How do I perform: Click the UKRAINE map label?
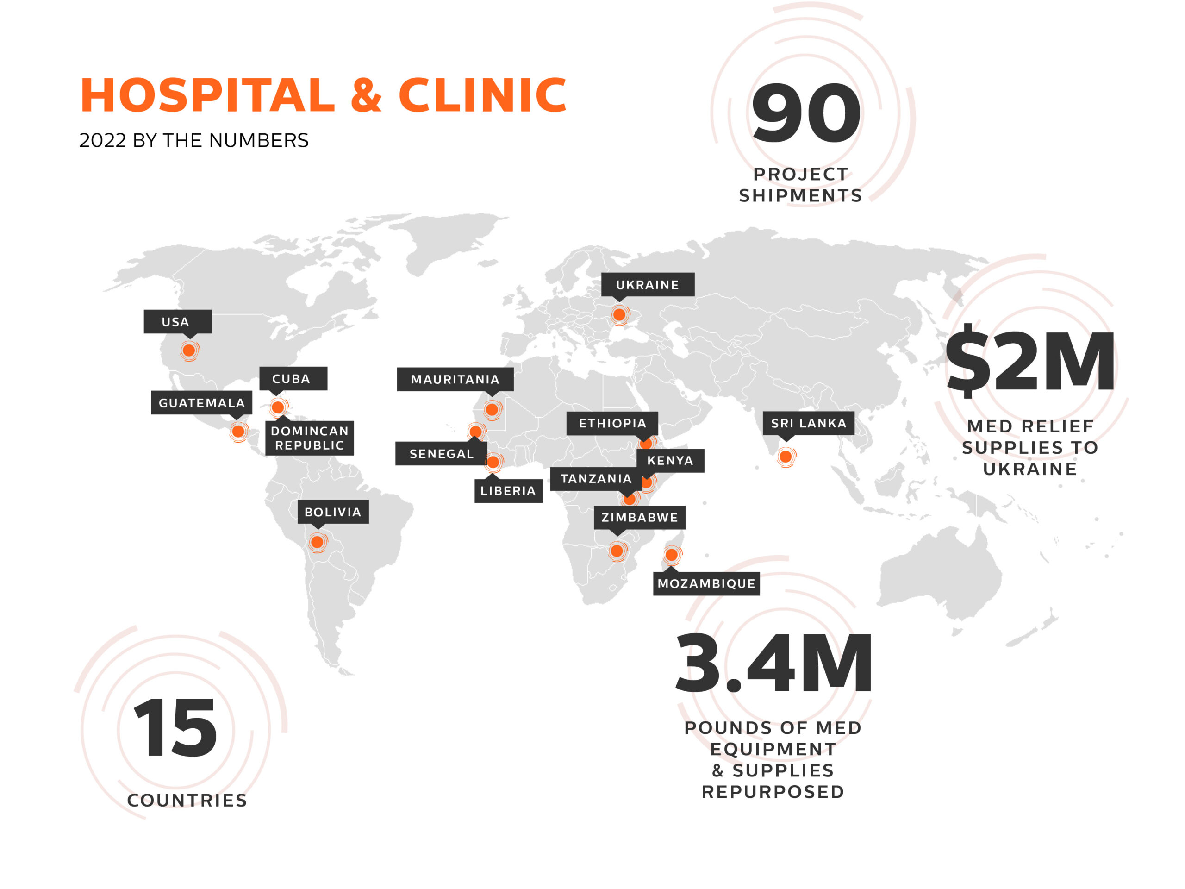point(647,285)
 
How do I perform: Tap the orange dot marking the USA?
point(188,351)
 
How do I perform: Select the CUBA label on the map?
point(293,378)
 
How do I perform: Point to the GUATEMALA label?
point(201,402)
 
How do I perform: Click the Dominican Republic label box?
point(309,438)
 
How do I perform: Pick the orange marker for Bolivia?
point(317,542)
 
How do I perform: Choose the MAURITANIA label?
point(455,379)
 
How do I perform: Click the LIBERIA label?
point(508,490)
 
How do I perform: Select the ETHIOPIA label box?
point(612,423)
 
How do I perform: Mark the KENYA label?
point(670,460)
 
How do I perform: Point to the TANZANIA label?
point(596,478)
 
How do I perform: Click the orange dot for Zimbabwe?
point(617,551)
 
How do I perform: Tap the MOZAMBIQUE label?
point(706,583)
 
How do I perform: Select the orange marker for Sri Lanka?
point(786,457)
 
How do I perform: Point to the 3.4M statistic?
point(773,663)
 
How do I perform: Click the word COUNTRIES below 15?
point(187,800)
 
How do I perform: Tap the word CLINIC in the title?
point(482,95)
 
